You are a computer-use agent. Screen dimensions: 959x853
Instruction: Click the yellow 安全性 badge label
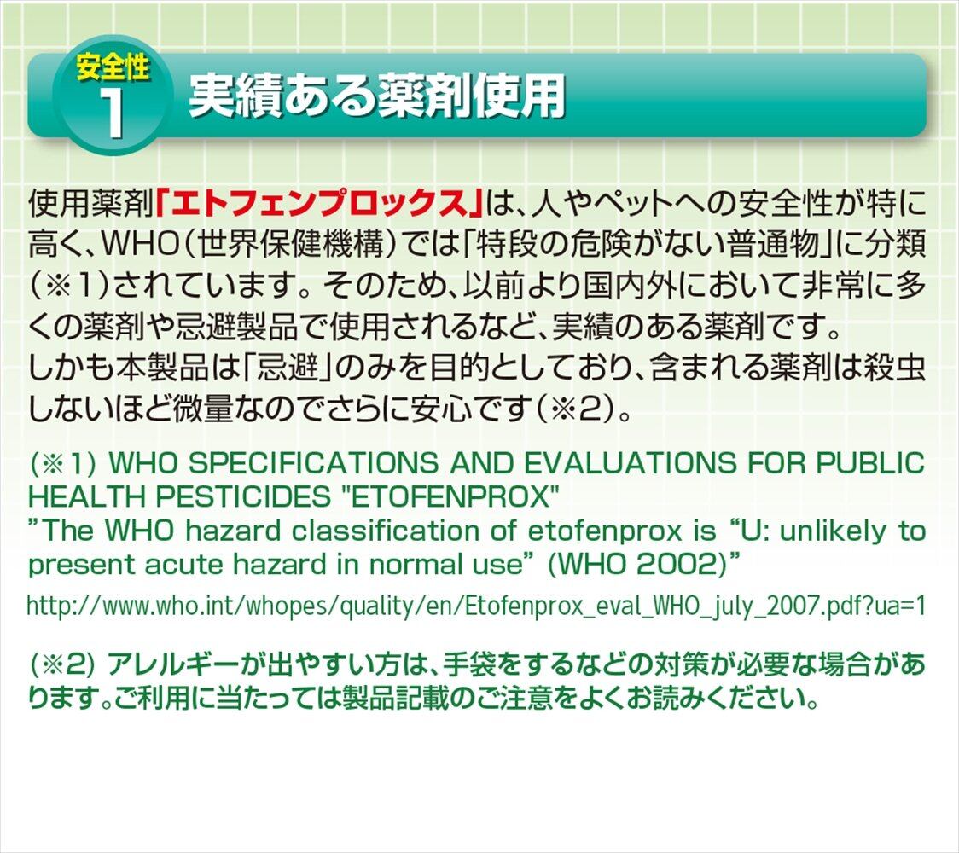click(113, 67)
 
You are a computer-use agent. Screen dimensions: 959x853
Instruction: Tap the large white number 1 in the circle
click(113, 114)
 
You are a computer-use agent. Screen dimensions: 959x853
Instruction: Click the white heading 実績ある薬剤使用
click(377, 96)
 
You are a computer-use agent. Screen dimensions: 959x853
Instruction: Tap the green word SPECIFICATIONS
click(313, 463)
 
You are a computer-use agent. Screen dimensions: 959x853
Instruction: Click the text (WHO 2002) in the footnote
click(636, 564)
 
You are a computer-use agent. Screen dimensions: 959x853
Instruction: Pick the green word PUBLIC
click(871, 463)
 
